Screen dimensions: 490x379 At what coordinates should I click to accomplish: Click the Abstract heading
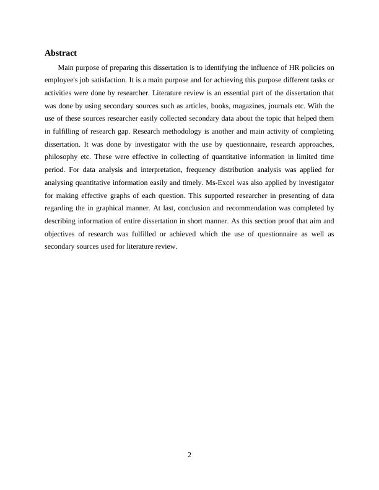(x=60, y=53)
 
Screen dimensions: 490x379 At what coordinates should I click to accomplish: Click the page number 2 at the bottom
(x=189, y=455)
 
